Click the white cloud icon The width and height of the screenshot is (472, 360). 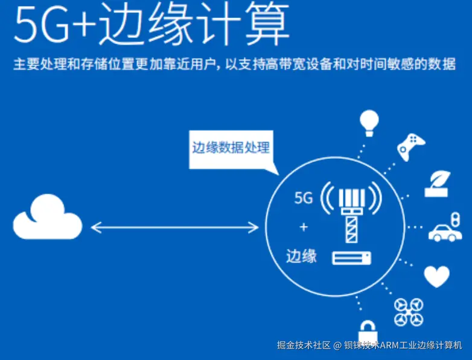tap(48, 217)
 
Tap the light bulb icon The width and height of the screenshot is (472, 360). tap(369, 123)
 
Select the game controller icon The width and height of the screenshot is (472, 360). tap(411, 147)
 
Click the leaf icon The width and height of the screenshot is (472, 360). tap(438, 184)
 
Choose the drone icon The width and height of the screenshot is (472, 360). tap(409, 312)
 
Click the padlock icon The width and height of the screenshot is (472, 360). tap(368, 331)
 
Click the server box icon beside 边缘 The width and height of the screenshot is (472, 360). tap(352, 258)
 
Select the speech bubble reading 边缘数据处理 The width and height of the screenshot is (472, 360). tap(232, 150)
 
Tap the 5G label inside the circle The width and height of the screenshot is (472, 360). tap(304, 198)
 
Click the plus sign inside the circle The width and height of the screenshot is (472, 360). tap(304, 227)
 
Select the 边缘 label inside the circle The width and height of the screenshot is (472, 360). tap(301, 256)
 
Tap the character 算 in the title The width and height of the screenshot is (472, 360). tap(267, 24)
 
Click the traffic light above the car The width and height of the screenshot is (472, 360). tap(456, 219)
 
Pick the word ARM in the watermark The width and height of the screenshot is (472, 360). tap(388, 345)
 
